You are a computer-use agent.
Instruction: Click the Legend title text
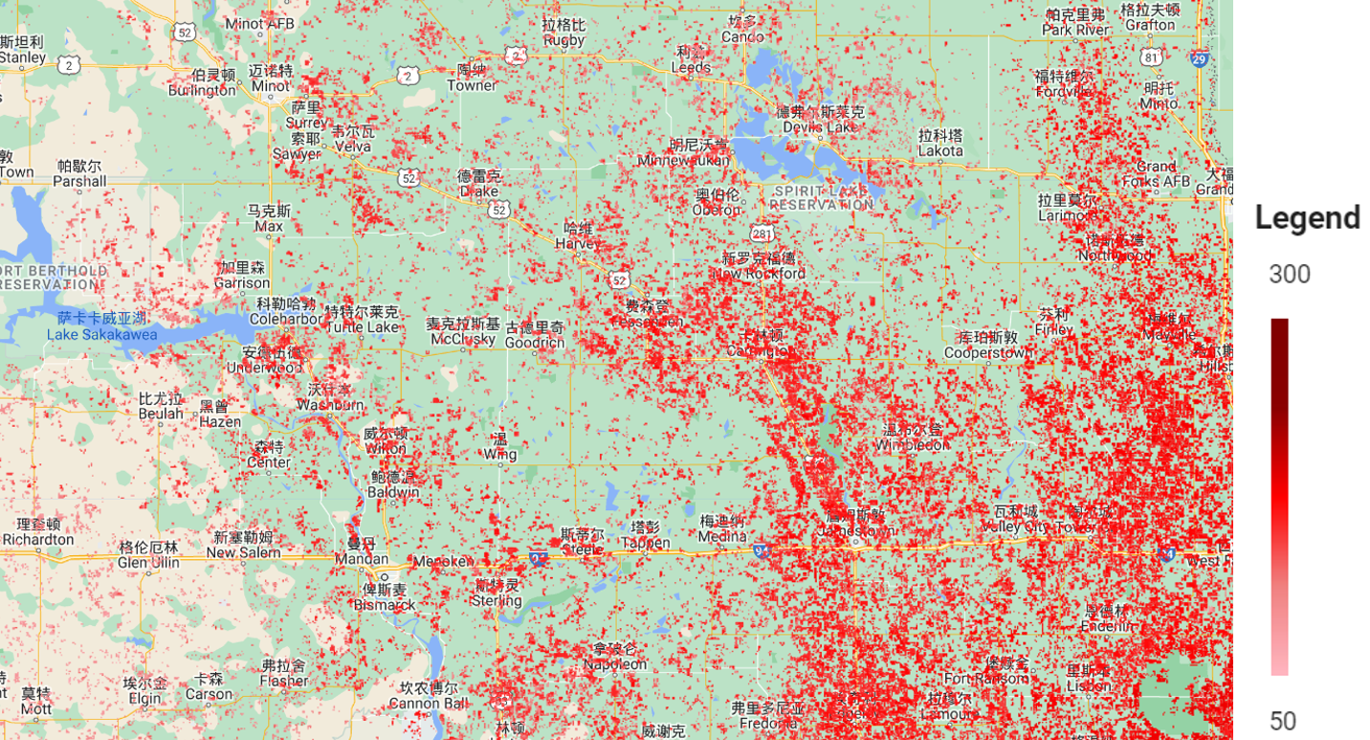[x=1307, y=218]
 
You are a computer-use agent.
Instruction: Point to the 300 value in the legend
[x=1290, y=276]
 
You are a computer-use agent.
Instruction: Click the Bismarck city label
[x=385, y=604]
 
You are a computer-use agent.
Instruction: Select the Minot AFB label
[x=258, y=23]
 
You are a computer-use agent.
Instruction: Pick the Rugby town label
[x=563, y=39]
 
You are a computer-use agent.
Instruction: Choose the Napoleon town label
[x=615, y=663]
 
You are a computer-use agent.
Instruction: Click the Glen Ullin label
[x=148, y=562]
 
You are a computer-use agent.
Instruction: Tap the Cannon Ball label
[x=429, y=705]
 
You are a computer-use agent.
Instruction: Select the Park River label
[x=1076, y=30]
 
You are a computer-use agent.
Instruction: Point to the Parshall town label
[x=79, y=180]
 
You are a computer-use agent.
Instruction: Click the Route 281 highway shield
[x=762, y=234]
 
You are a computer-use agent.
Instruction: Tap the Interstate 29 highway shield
[x=1199, y=58]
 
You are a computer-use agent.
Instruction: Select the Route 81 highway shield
[x=1152, y=58]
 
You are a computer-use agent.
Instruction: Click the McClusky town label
[x=463, y=339]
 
